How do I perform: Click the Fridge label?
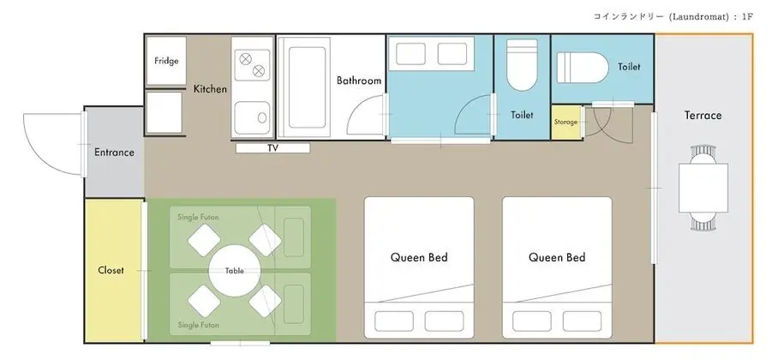click(x=166, y=61)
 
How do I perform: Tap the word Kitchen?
click(x=210, y=89)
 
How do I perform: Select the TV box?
click(x=272, y=147)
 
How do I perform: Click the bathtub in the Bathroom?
click(x=307, y=87)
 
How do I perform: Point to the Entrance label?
click(x=114, y=153)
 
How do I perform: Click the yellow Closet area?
click(x=114, y=269)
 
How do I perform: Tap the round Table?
click(x=235, y=271)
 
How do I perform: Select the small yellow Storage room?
click(x=566, y=122)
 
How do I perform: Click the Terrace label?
click(x=703, y=115)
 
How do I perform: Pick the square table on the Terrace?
click(x=703, y=188)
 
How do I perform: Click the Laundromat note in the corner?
click(x=673, y=16)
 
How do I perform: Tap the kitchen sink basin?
click(x=252, y=117)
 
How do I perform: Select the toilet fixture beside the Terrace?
click(x=583, y=68)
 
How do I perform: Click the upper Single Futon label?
click(x=199, y=217)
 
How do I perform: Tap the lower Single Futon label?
click(x=199, y=325)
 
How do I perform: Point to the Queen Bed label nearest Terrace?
click(x=557, y=257)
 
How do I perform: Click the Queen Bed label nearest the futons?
click(x=419, y=257)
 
